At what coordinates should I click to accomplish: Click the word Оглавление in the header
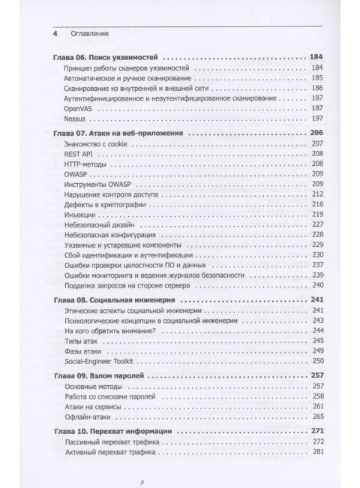tap(88, 34)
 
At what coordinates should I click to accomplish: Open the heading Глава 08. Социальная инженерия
tap(112, 300)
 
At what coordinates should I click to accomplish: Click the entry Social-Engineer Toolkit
tap(103, 360)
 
